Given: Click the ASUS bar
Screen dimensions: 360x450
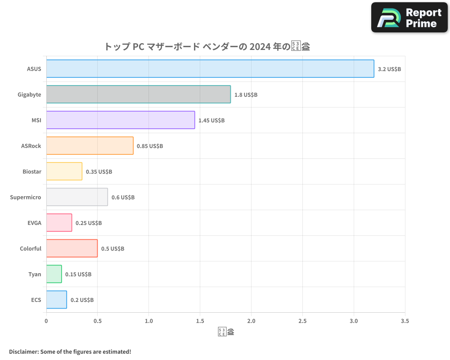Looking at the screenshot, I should [210, 69].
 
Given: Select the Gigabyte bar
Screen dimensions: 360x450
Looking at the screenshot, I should [139, 94].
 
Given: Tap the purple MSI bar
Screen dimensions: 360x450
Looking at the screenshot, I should [121, 120].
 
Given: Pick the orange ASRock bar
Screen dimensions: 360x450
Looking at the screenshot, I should [90, 146].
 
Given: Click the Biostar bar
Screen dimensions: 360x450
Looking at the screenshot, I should [64, 171].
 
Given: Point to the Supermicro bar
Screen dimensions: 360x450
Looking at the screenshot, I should [77, 197].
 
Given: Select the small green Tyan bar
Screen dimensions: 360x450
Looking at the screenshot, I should [54, 274].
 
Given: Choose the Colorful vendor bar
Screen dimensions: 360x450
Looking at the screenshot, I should [72, 248].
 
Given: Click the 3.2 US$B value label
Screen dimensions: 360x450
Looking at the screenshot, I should [389, 69].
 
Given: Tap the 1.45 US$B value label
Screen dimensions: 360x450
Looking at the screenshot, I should [211, 121].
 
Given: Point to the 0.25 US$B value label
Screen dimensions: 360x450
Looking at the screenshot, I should [89, 223].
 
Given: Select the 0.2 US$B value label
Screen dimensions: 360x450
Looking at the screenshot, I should [82, 300].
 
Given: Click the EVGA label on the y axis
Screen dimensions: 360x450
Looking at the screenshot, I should [34, 223].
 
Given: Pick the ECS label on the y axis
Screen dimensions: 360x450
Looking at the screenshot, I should [36, 300].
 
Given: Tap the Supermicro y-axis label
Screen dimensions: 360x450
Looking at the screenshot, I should [26, 197].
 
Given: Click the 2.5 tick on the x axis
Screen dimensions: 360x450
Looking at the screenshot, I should [302, 321].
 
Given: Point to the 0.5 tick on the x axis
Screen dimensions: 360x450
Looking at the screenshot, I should [98, 321].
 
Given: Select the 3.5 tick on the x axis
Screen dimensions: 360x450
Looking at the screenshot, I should [405, 321].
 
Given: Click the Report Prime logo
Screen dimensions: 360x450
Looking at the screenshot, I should [409, 18].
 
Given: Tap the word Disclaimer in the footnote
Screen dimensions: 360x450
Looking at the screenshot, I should [23, 351].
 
